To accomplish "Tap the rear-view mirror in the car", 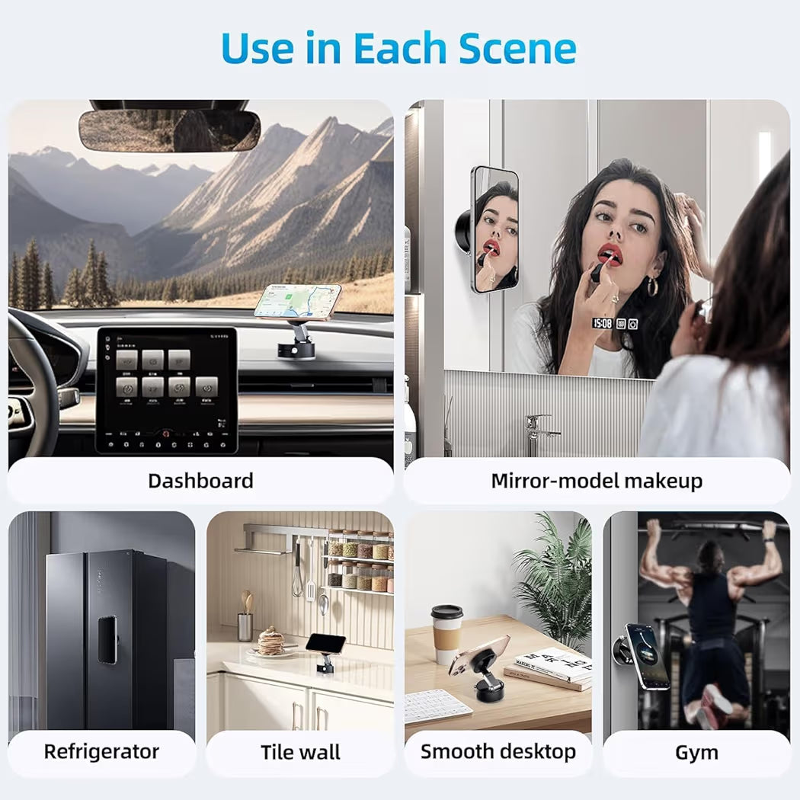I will click(x=169, y=130).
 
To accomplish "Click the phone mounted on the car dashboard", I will click(x=297, y=301).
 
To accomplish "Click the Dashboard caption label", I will click(x=200, y=481).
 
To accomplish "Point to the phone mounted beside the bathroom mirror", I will click(x=495, y=229).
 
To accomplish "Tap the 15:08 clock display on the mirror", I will click(x=603, y=324).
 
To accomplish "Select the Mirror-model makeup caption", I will click(x=597, y=481).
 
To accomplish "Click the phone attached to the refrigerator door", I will click(x=107, y=639).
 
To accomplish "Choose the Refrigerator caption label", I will click(x=101, y=751).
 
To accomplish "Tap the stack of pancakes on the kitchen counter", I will click(x=270, y=642).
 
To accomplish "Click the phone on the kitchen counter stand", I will click(x=325, y=644).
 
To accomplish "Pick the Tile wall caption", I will click(x=300, y=752).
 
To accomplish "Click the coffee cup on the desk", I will click(x=446, y=634).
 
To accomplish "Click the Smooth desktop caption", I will click(x=498, y=751).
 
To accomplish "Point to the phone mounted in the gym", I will click(x=647, y=656).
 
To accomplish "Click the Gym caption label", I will click(x=696, y=753).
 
